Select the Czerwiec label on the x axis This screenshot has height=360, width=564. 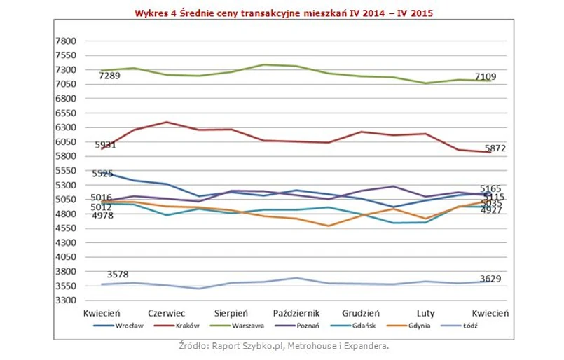point(167,313)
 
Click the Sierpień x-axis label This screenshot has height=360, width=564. point(231,313)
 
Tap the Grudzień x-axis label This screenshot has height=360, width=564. point(361,313)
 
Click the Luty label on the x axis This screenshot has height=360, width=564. point(425,313)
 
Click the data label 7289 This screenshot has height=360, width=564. point(109,76)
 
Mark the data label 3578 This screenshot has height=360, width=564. point(118,275)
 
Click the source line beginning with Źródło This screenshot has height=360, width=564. point(283,345)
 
